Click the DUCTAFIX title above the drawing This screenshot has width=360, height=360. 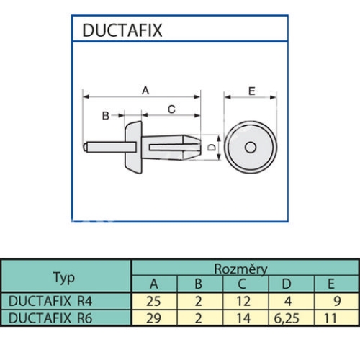pyautogui.click(x=122, y=30)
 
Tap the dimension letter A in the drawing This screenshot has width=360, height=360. pyautogui.click(x=145, y=91)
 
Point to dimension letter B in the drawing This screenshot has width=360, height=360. pyautogui.click(x=106, y=116)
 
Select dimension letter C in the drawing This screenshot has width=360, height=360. pyautogui.click(x=171, y=109)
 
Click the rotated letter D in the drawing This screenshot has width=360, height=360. pyautogui.click(x=211, y=147)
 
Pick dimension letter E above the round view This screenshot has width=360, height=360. pyautogui.click(x=251, y=91)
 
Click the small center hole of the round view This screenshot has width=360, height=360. pyautogui.click(x=251, y=147)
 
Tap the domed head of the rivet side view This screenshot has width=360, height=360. pyautogui.click(x=133, y=148)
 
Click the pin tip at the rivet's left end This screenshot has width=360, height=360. pyautogui.click(x=85, y=147)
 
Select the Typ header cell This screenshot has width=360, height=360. pyautogui.click(x=64, y=278)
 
